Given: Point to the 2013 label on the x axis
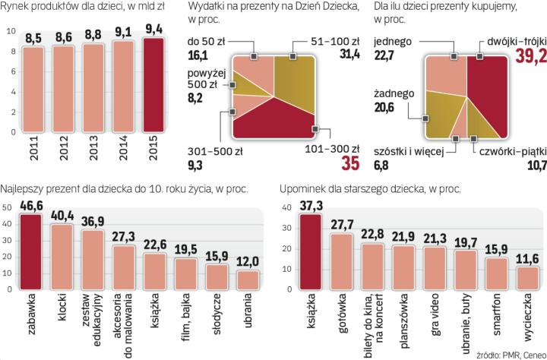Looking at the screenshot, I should click(93, 160).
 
